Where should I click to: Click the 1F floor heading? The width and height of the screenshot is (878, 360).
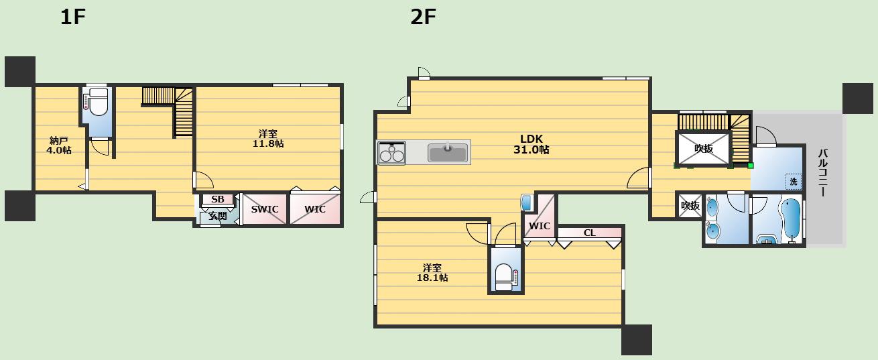tap(73, 17)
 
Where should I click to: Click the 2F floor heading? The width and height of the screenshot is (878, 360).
tap(424, 17)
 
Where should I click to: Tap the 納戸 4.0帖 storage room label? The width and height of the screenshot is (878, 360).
tap(59, 145)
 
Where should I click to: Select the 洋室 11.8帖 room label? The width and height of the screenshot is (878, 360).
tap(268, 138)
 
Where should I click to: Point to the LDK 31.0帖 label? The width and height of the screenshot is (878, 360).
tap(531, 144)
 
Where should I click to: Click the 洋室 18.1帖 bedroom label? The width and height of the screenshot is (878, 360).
tap(432, 273)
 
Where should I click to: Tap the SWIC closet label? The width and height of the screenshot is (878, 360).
tap(265, 209)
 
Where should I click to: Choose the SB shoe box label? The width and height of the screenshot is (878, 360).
tap(218, 199)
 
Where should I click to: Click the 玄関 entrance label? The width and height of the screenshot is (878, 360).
tap(218, 216)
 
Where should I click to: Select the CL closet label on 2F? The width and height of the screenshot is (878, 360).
tap(590, 233)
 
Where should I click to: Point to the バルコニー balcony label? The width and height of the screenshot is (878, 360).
tap(822, 172)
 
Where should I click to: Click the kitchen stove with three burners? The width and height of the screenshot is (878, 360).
tap(391, 153)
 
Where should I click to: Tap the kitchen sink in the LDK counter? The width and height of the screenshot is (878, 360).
tap(448, 153)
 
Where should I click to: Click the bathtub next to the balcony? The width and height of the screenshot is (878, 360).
tap(791, 218)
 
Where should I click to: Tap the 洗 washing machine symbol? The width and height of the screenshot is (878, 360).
tap(794, 182)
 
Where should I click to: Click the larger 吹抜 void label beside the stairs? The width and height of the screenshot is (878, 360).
tap(704, 149)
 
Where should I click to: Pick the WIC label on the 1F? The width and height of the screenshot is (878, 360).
tap(315, 209)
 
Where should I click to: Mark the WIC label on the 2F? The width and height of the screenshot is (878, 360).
tap(540, 226)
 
